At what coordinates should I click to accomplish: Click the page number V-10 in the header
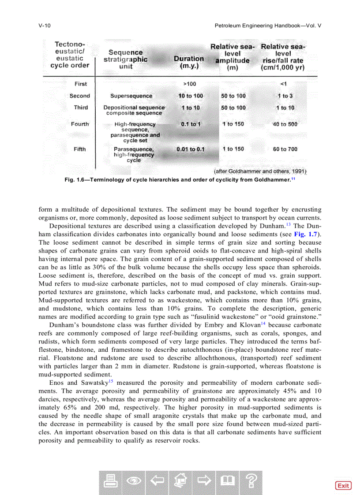[45, 26]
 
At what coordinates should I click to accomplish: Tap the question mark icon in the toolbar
[251, 482]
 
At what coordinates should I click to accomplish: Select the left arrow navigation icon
[156, 482]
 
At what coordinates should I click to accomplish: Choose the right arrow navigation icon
[203, 482]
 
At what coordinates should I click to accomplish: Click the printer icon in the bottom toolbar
[110, 482]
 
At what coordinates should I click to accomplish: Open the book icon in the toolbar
[227, 482]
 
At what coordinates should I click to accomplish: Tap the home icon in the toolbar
[180, 482]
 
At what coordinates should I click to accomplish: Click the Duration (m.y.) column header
[189, 62]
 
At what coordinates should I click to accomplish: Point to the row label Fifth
[80, 149]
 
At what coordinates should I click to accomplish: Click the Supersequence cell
[131, 96]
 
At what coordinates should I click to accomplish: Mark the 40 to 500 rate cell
[285, 124]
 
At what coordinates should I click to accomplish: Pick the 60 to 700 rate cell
[285, 149]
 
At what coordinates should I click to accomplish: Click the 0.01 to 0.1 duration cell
[191, 149]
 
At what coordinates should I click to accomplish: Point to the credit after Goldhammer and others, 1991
[260, 171]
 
